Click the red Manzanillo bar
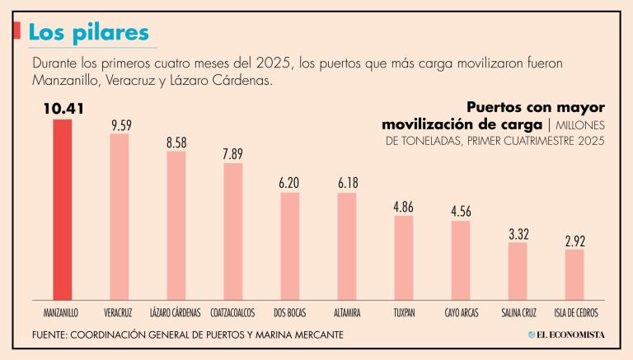tap(63, 209)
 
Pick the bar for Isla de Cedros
tap(574, 274)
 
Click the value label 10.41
tap(63, 108)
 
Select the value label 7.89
tap(233, 154)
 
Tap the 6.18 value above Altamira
tap(346, 184)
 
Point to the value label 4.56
tap(460, 212)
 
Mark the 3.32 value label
tap(518, 233)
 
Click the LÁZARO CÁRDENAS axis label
tap(176, 314)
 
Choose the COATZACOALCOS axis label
tap(232, 314)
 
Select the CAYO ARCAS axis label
tap(461, 314)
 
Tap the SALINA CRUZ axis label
tap(518, 314)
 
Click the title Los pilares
tap(88, 32)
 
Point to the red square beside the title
tap(17, 31)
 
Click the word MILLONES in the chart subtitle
tap(581, 124)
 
